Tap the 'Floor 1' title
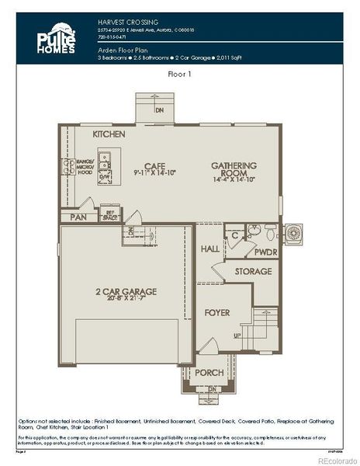[180, 75]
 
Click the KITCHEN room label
[109, 134]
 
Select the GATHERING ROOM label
[233, 169]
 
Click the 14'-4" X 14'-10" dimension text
[233, 179]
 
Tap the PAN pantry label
[77, 218]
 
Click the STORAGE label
[253, 272]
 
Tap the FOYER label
[216, 313]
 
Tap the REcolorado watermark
[336, 459]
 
